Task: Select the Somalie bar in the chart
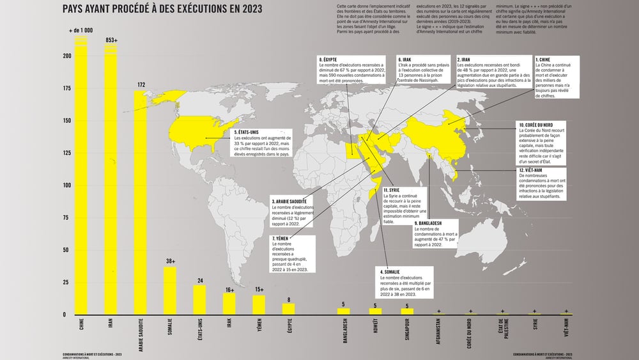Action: point(170,291)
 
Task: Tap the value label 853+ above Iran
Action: point(111,41)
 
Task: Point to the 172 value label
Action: point(141,84)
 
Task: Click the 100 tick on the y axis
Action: point(66,185)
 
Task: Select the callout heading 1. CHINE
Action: point(547,59)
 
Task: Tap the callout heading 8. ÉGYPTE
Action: point(332,59)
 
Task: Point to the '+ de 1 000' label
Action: point(81,31)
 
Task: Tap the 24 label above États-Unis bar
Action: point(199,280)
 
